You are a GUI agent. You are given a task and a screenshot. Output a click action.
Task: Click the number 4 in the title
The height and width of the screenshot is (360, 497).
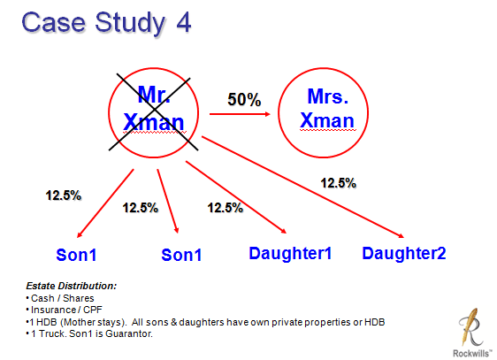(x=183, y=22)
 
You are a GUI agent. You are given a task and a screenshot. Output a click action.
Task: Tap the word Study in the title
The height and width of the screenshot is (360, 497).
(x=130, y=24)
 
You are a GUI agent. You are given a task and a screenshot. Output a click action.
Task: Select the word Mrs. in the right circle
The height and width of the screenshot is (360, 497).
(x=328, y=96)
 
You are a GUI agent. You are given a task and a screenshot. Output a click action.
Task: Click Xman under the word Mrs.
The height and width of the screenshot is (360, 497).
(x=327, y=120)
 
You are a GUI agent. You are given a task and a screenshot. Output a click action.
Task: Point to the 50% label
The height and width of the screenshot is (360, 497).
(x=244, y=99)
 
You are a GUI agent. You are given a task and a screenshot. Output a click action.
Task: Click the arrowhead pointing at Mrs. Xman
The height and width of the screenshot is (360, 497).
(x=268, y=114)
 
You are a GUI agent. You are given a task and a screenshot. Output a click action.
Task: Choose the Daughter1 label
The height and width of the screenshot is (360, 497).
(x=290, y=253)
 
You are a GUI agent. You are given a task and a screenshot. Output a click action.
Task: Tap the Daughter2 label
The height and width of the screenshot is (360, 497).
(x=404, y=253)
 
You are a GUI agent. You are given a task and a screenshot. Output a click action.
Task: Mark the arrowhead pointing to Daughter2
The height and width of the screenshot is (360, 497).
(x=401, y=235)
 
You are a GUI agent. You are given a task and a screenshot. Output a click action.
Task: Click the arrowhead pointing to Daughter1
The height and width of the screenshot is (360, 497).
(x=283, y=231)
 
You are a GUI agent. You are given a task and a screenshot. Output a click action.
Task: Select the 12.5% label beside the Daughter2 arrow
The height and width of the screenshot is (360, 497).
(x=338, y=183)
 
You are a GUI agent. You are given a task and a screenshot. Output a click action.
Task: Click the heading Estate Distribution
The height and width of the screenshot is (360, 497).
(x=72, y=286)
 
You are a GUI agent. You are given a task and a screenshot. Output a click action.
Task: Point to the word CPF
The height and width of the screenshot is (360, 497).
(x=93, y=310)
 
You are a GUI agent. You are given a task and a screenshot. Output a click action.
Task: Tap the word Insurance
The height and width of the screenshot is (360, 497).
(x=53, y=310)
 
